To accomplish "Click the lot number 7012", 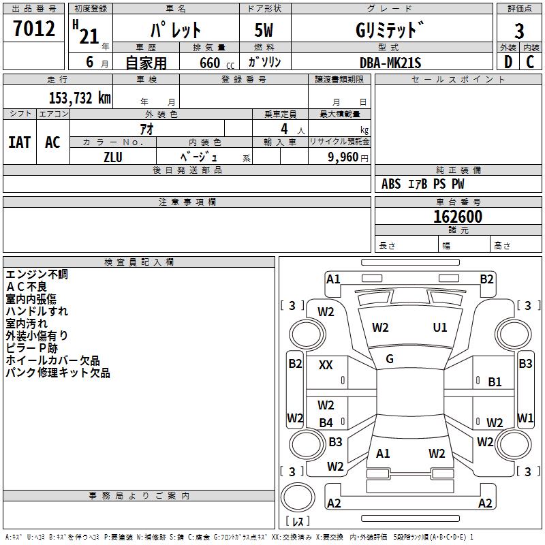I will point(34,30).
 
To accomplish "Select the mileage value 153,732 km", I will point(79,98).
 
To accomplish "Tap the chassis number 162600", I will point(458,217).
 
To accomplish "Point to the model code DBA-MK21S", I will point(390,63).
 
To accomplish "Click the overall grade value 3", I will point(519,31).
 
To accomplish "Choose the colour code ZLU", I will point(113,156).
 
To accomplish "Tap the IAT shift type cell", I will point(19,142).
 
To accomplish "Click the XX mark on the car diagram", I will point(326,365).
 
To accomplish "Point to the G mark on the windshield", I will point(390,359).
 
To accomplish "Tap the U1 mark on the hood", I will point(440,328).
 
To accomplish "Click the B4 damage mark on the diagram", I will point(326,423).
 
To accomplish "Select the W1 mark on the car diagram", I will point(525,418).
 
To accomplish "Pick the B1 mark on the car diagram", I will point(495,382).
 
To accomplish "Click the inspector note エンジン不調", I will point(37,275).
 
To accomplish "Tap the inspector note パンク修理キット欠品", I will point(58,373).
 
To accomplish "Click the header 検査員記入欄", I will point(139,262).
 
